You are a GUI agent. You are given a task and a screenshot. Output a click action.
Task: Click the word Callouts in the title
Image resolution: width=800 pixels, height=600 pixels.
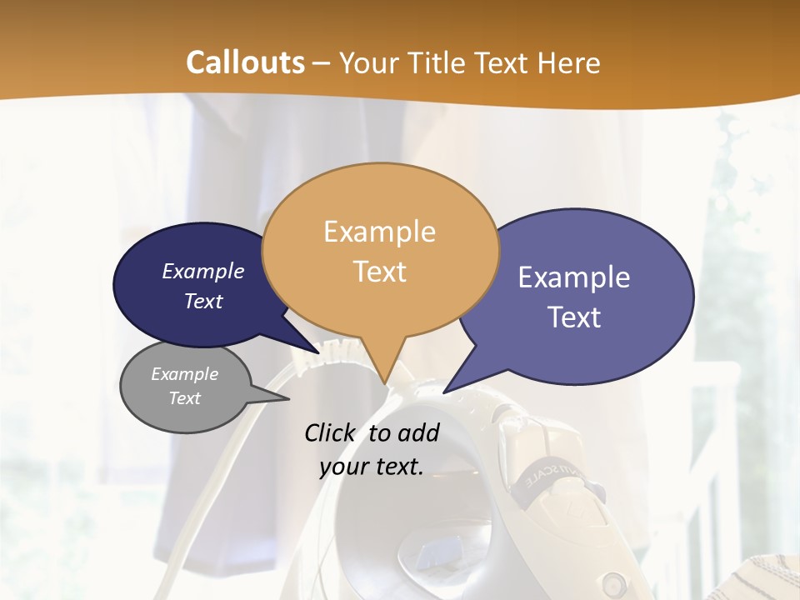click(245, 62)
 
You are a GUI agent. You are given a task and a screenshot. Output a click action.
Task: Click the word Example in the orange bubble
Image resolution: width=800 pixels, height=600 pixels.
click(379, 232)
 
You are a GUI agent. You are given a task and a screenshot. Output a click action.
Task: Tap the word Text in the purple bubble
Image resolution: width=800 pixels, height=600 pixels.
click(575, 317)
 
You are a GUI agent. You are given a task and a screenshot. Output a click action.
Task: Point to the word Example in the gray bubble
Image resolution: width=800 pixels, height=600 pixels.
click(184, 374)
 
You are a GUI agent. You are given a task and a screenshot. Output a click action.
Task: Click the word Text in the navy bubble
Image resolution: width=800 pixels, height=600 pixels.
click(203, 302)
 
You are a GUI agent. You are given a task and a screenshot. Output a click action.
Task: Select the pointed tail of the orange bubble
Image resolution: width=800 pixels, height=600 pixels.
click(385, 379)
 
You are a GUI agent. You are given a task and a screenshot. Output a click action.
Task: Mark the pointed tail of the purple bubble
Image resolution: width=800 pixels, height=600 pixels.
click(447, 390)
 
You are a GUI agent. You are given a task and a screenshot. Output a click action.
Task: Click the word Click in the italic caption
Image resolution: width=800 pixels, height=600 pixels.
click(331, 432)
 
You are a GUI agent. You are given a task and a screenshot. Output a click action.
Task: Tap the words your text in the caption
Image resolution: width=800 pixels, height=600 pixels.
click(372, 467)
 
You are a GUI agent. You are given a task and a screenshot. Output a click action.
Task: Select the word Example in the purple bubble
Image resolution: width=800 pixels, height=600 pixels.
click(574, 277)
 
